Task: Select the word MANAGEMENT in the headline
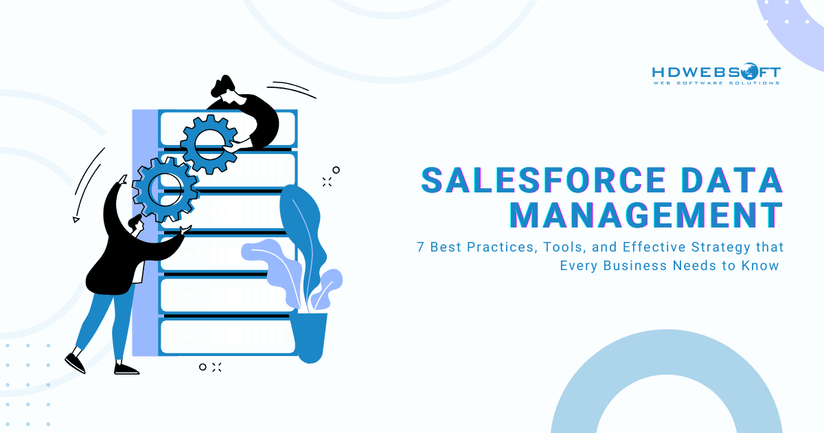645,214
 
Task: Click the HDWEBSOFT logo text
716,72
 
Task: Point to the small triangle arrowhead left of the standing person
76,219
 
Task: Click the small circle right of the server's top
336,170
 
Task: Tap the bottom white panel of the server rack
227,336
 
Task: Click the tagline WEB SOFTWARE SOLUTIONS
716,83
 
